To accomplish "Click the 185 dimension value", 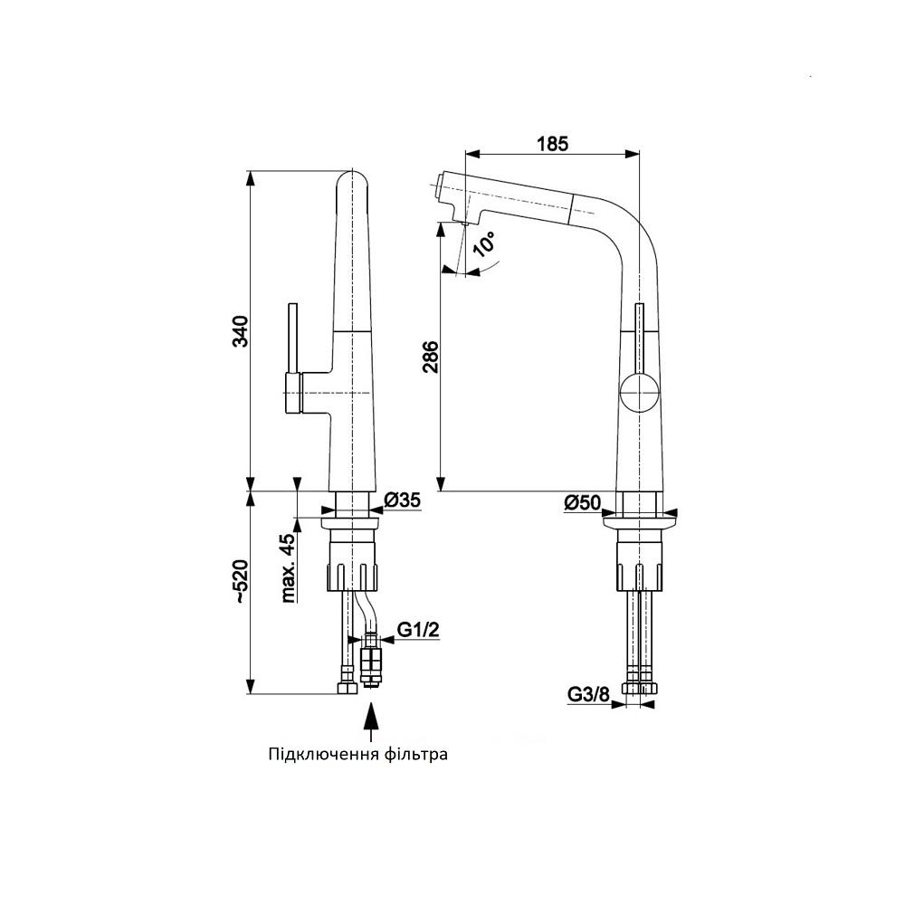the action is [552, 143].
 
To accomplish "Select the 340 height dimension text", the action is [240, 331].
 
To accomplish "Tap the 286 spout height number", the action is [430, 357].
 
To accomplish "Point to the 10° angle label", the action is [483, 243].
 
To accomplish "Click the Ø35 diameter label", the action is [403, 500].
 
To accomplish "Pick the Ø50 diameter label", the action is [582, 502].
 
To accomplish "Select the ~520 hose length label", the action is [241, 582].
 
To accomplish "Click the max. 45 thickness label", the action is [288, 568].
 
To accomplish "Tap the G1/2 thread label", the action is [418, 629].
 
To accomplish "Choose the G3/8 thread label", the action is [589, 694].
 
